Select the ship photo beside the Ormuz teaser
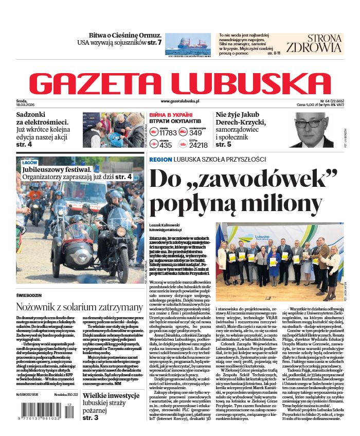188,45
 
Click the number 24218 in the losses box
198,146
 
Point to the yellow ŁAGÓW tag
30,162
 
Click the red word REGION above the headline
161,160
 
